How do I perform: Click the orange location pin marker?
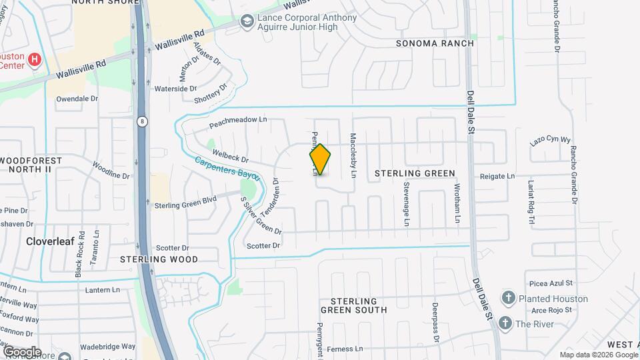click(320, 160)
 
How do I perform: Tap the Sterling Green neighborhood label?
click(415, 173)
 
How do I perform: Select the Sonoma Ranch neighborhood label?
click(435, 43)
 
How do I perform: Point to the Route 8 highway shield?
click(142, 121)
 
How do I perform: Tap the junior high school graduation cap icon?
click(248, 22)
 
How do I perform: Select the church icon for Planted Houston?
click(508, 297)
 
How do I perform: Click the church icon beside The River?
click(505, 324)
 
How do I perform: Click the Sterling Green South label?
click(353, 305)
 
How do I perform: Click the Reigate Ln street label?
click(498, 176)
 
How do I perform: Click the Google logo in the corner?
click(22, 351)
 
